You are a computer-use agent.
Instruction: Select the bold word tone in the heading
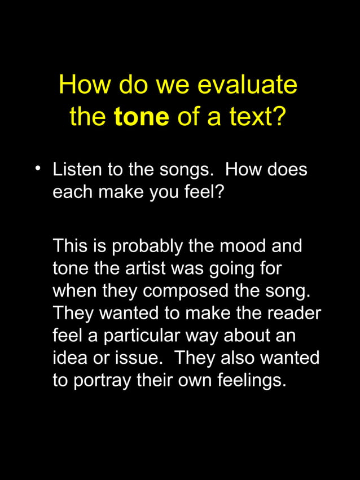coord(141,117)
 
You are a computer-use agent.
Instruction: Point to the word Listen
coord(77,170)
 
